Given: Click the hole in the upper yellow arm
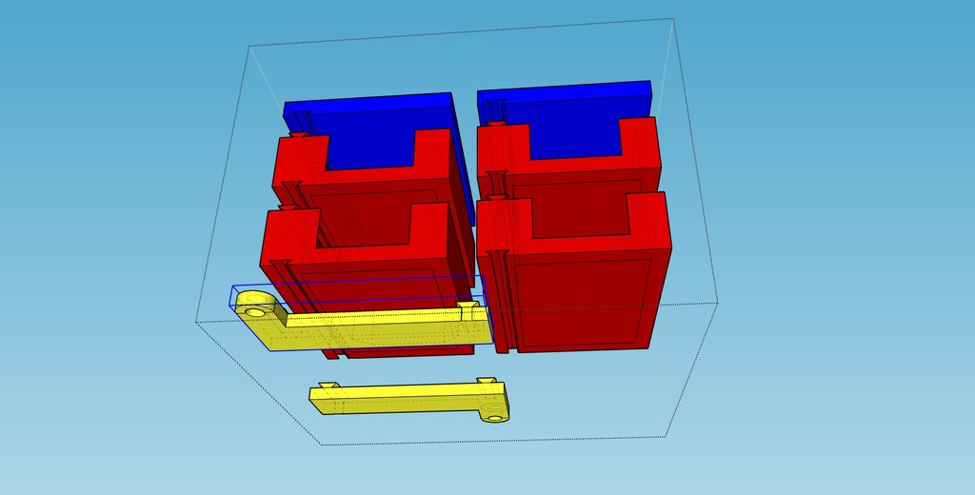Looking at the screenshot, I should (255, 310).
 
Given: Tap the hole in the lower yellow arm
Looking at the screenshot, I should (494, 415).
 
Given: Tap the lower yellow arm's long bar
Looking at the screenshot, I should (400, 400).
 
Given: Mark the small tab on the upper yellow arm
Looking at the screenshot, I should (467, 309).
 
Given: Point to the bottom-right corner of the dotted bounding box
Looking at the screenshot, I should (665, 437).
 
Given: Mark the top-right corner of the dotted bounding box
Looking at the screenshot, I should (674, 20).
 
